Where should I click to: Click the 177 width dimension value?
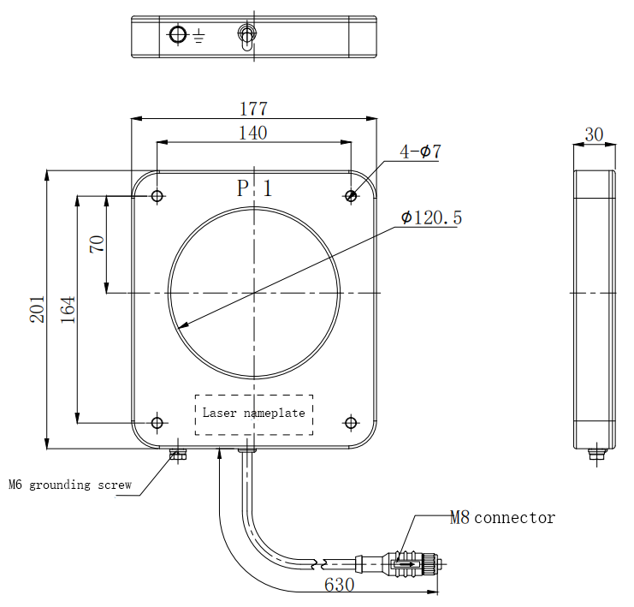253,109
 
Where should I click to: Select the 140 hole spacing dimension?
253,133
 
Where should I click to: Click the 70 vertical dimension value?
97,244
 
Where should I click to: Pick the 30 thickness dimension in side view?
594,135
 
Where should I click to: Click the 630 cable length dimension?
338,586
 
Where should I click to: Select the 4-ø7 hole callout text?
420,152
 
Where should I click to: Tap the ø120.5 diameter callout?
432,218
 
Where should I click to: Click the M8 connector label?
502,518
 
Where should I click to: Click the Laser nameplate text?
253,414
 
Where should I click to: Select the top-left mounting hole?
157,196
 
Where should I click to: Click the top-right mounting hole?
351,196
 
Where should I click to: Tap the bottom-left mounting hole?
157,422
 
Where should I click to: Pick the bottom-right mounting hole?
351,422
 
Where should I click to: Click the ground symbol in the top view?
198,36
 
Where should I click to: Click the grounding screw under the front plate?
178,454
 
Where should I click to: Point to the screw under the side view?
595,453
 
